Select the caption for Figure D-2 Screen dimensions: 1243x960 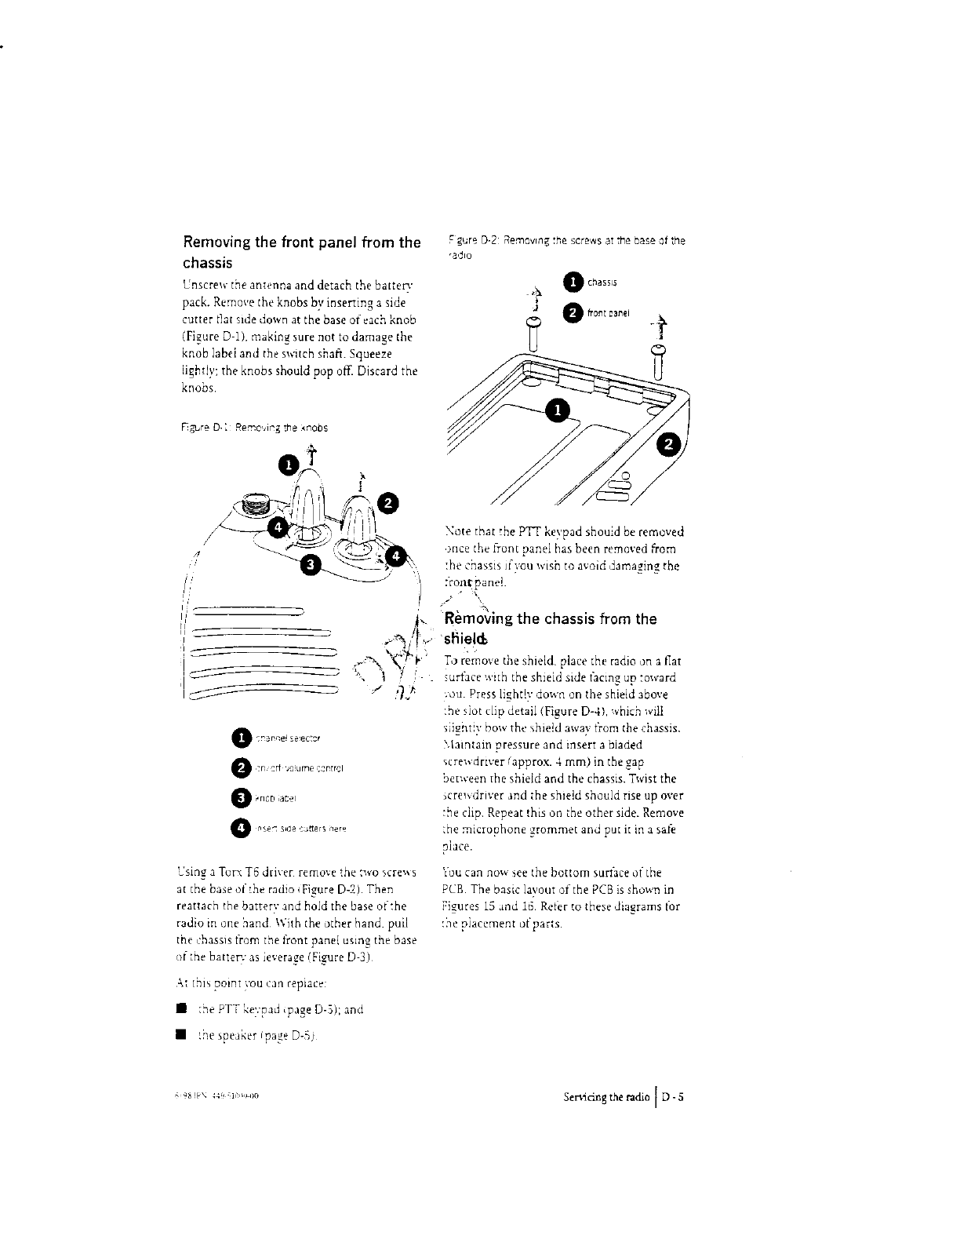565,247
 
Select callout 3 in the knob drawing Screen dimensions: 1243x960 311,564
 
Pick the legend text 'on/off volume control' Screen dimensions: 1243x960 295,768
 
